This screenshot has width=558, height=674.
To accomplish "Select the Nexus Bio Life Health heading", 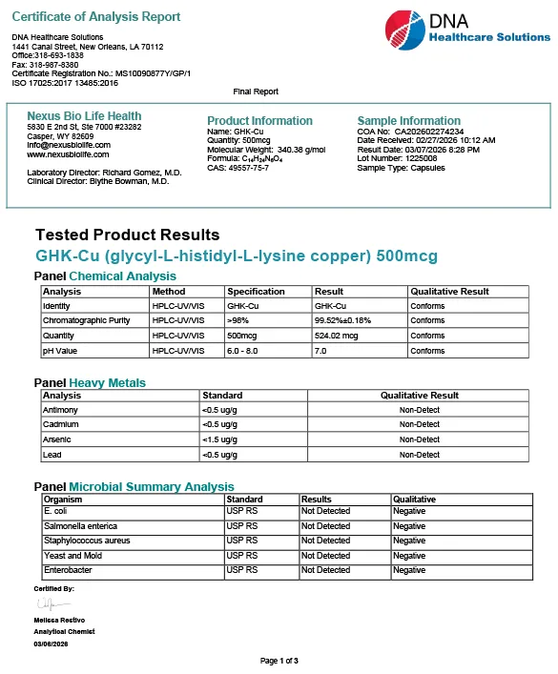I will pos(84,116).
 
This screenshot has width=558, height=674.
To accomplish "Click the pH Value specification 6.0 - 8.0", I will pos(247,351).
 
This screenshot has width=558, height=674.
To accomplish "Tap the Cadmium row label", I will pos(60,424).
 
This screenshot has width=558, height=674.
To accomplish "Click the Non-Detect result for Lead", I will pos(419,455).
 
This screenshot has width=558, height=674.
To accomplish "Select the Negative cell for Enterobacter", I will pos(409,570).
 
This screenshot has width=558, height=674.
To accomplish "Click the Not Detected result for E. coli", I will pos(325,511).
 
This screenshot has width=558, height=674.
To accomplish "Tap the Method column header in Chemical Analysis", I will pos(169,292).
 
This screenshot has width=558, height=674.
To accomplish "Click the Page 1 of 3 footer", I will pos(279,661).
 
